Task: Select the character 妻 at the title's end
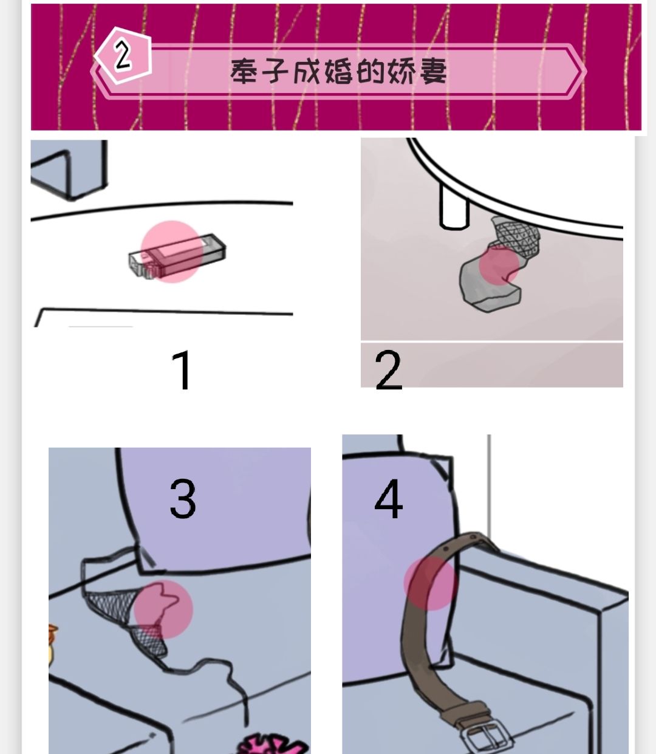click(x=432, y=72)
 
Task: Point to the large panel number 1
click(x=182, y=370)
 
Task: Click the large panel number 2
click(x=389, y=370)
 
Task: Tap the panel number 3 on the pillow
click(x=183, y=498)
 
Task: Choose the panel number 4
click(x=389, y=499)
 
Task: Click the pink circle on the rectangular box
click(x=171, y=252)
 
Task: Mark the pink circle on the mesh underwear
click(x=163, y=609)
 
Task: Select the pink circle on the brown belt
click(x=430, y=582)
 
